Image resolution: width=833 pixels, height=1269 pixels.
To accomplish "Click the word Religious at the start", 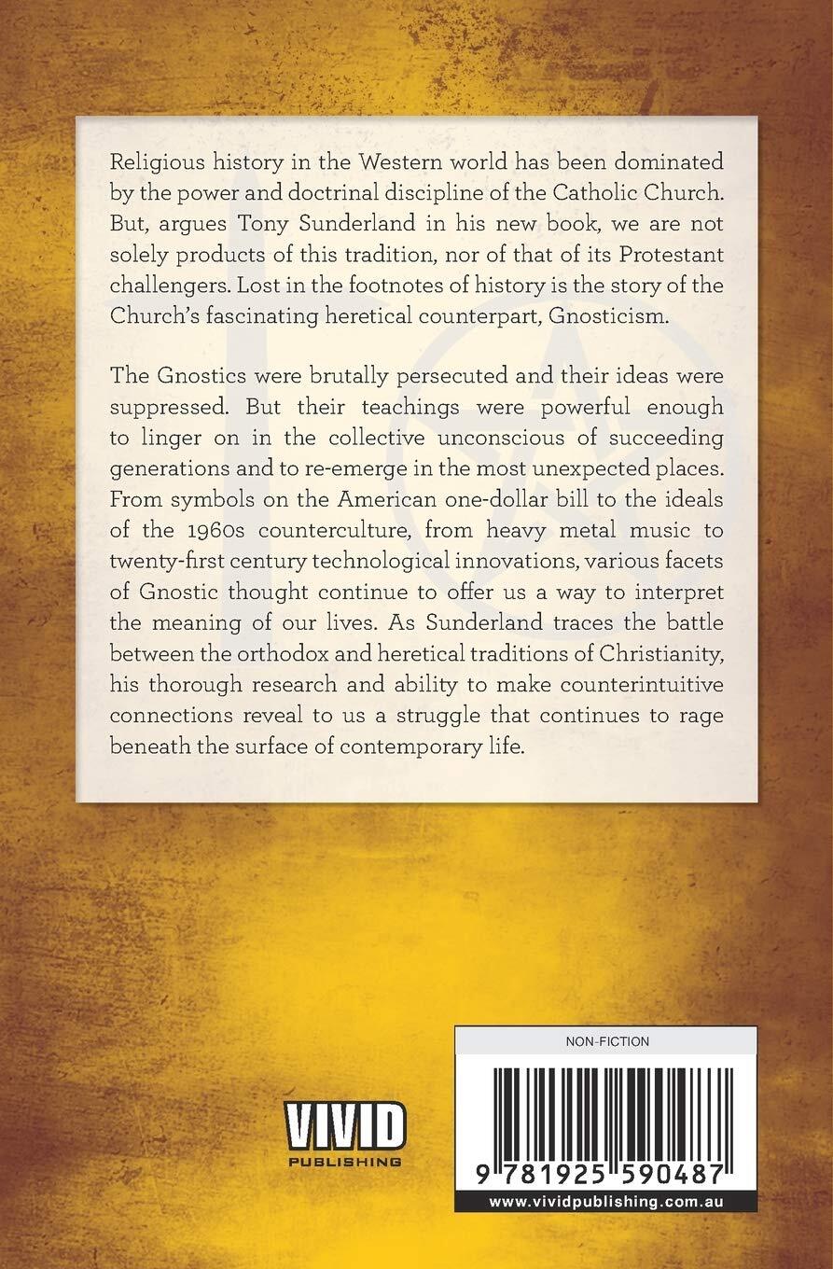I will point(155,162).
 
